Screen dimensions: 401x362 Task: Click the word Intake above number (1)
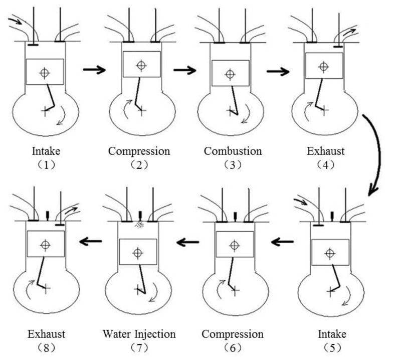point(46,151)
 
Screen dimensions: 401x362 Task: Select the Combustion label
point(233,151)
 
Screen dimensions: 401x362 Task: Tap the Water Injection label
point(139,334)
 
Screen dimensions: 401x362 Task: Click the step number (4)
point(325,165)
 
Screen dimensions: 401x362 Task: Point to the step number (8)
point(46,348)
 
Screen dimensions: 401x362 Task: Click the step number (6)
point(233,348)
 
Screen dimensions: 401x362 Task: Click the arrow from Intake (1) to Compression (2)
point(94,70)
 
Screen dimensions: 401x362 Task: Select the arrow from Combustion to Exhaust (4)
point(278,71)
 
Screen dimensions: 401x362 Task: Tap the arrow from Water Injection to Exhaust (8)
point(91,241)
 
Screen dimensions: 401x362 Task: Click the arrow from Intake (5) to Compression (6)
point(282,242)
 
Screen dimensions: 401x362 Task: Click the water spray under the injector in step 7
point(139,225)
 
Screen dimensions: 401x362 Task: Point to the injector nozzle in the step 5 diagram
point(332,216)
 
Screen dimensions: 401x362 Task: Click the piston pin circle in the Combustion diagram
point(230,74)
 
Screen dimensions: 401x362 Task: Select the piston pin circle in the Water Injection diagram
point(137,253)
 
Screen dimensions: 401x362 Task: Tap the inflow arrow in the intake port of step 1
point(16,21)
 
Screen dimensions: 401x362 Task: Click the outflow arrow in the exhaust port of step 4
point(349,32)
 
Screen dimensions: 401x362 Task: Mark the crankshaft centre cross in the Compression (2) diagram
point(142,110)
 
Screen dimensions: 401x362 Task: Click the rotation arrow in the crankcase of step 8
point(30,289)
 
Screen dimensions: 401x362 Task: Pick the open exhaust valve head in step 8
point(60,225)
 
